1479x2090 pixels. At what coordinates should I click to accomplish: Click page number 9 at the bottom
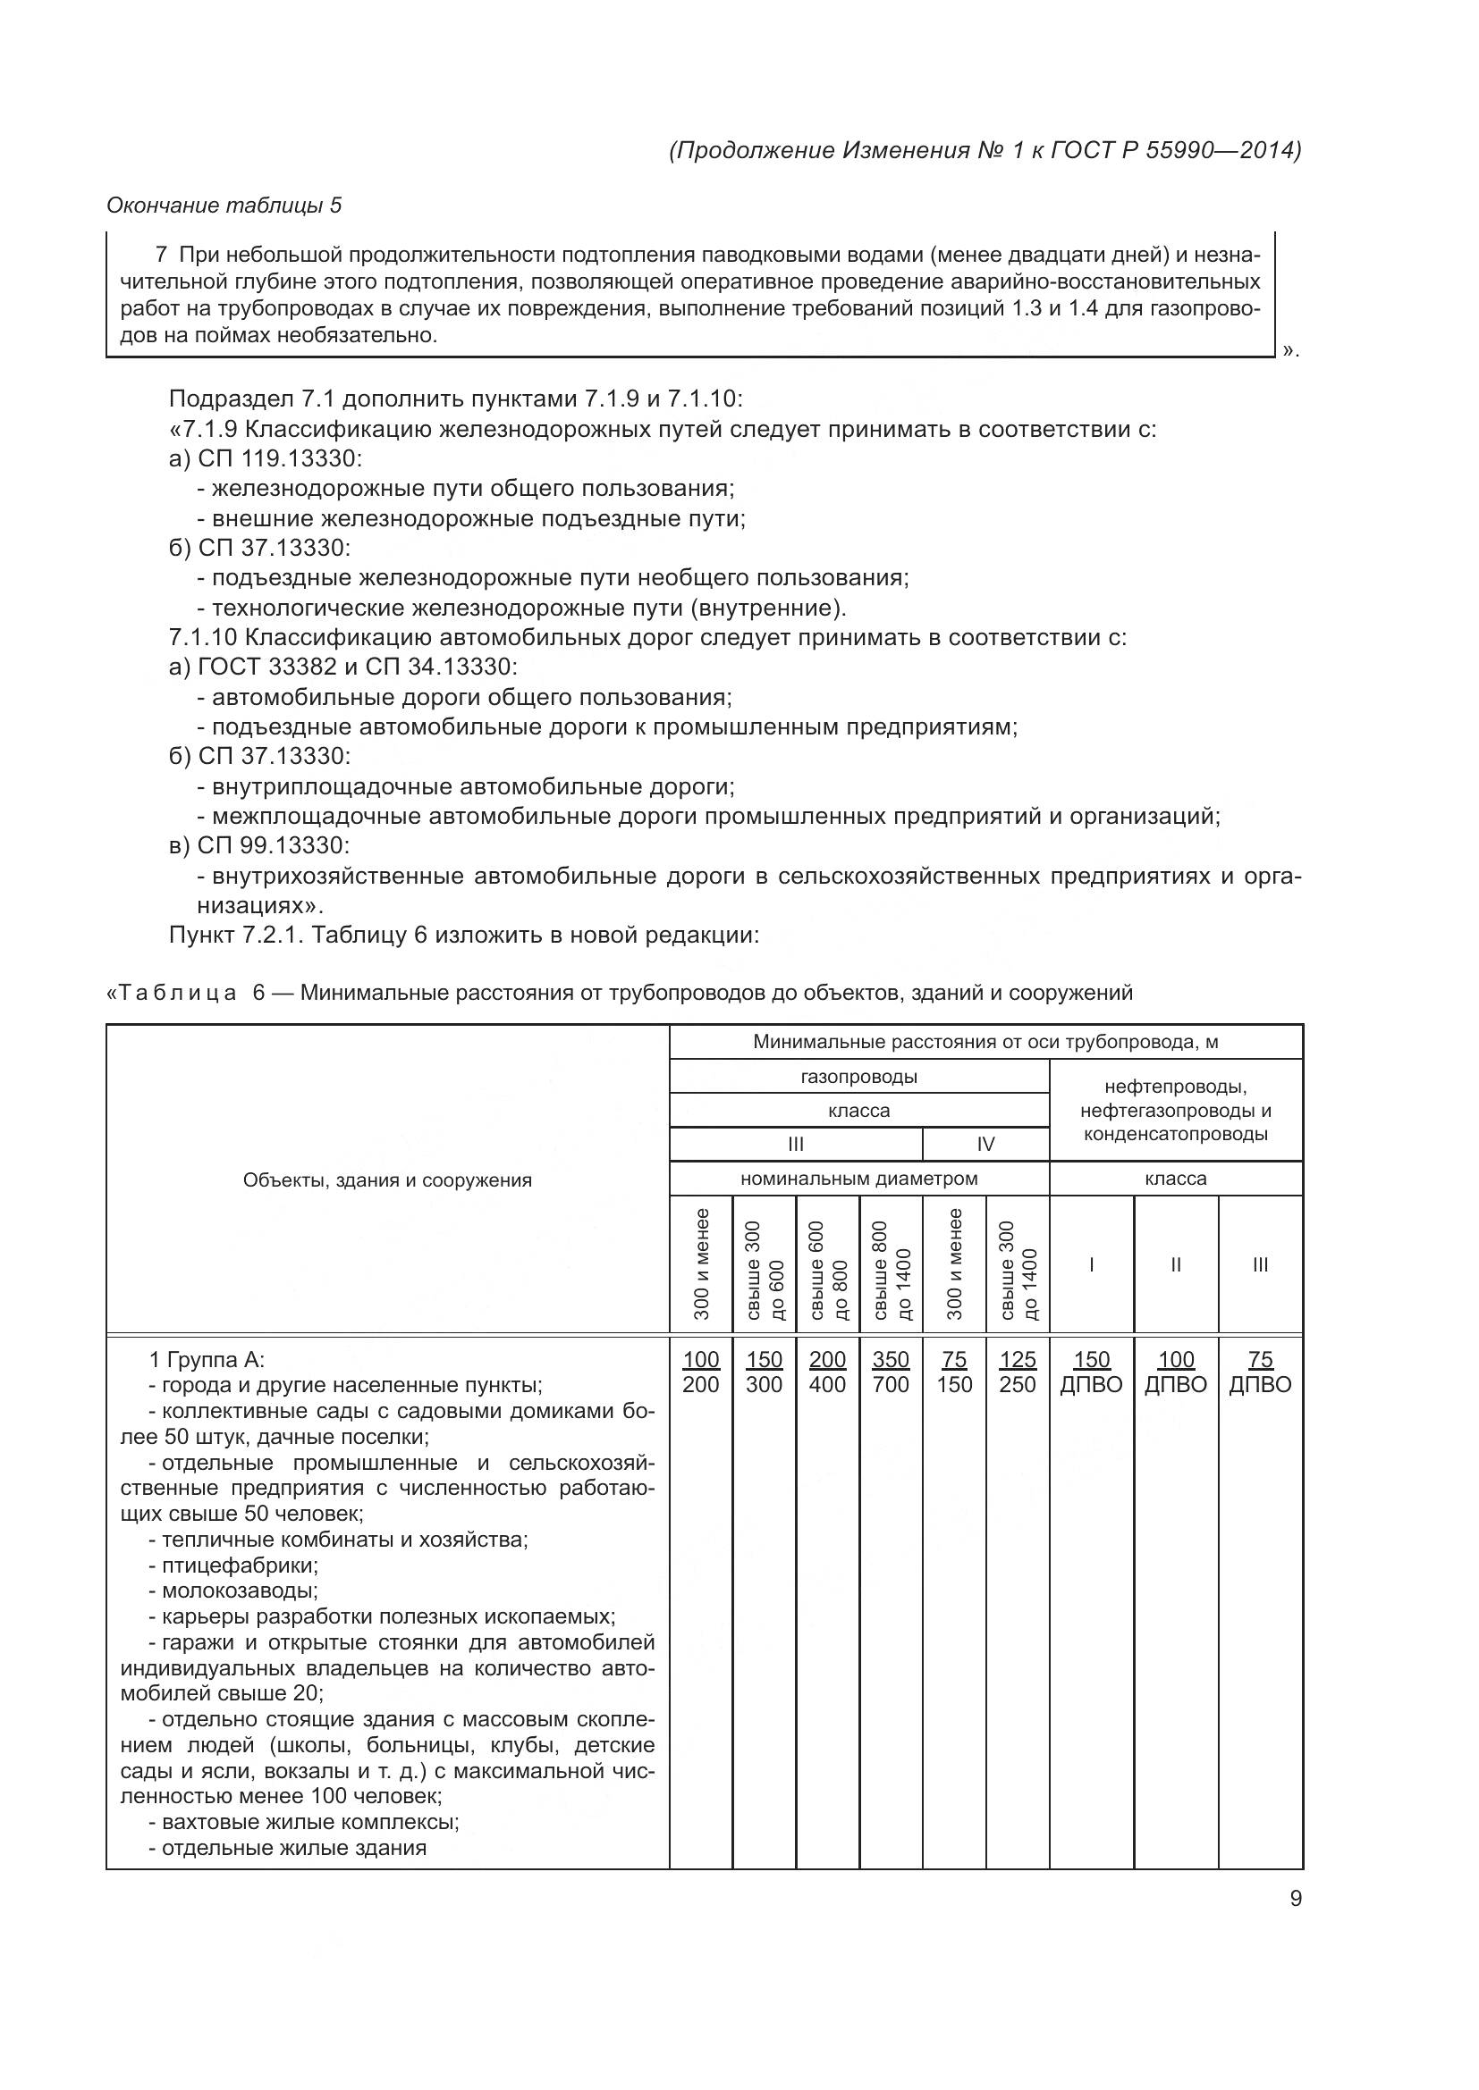(1295, 1899)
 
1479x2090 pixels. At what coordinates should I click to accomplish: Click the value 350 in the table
(890, 1359)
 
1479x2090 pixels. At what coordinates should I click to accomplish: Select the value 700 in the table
(890, 1384)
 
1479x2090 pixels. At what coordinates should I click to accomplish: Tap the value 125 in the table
(1018, 1359)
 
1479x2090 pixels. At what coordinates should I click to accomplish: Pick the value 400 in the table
(827, 1384)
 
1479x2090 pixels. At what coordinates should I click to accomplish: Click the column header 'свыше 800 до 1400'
(891, 1263)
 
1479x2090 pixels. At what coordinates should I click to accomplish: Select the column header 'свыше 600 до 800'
(828, 1263)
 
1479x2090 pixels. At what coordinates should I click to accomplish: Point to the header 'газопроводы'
(858, 1077)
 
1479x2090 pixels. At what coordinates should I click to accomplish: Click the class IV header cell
(985, 1145)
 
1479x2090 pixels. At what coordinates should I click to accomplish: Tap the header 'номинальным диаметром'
(858, 1179)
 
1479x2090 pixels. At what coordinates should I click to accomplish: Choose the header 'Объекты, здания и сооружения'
(387, 1180)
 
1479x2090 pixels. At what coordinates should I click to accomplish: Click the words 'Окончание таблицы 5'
(224, 206)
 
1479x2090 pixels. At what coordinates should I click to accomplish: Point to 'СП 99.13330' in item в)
(274, 845)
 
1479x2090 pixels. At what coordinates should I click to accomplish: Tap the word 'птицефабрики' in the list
(239, 1565)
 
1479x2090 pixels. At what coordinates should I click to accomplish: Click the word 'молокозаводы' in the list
(239, 1591)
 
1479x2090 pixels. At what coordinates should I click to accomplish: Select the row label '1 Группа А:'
(207, 1360)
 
